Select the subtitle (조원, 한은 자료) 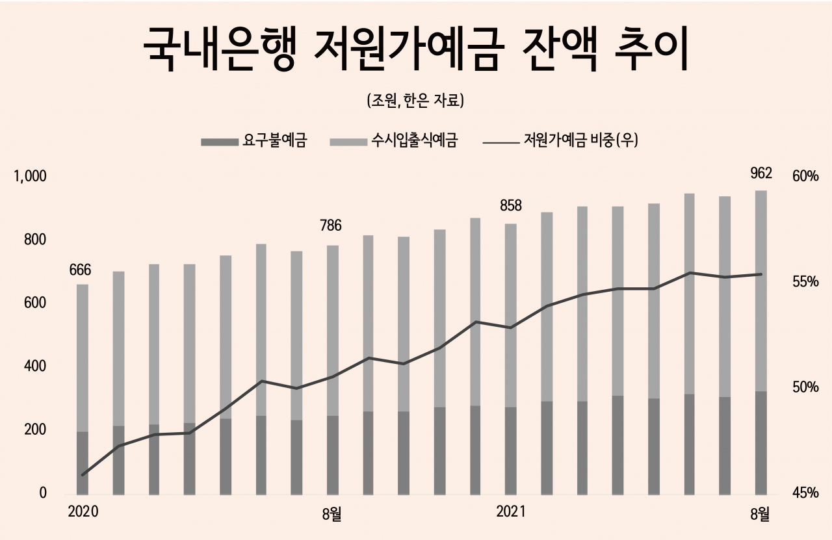click(x=415, y=101)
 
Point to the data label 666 click(x=80, y=270)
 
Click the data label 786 click(x=331, y=226)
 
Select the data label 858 click(x=510, y=206)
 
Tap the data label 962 click(x=760, y=173)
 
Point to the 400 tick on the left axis click(x=36, y=366)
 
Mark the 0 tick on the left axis click(x=43, y=493)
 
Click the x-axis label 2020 click(x=83, y=512)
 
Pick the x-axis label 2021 click(x=511, y=512)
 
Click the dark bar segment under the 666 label click(x=83, y=462)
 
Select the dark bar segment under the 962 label click(x=760, y=442)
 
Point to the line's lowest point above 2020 click(x=83, y=475)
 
